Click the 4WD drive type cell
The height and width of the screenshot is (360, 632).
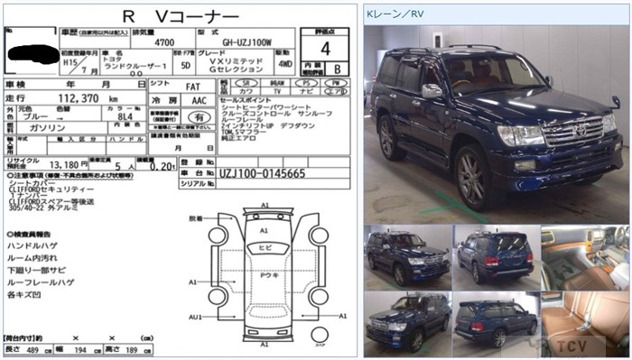click(283, 65)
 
